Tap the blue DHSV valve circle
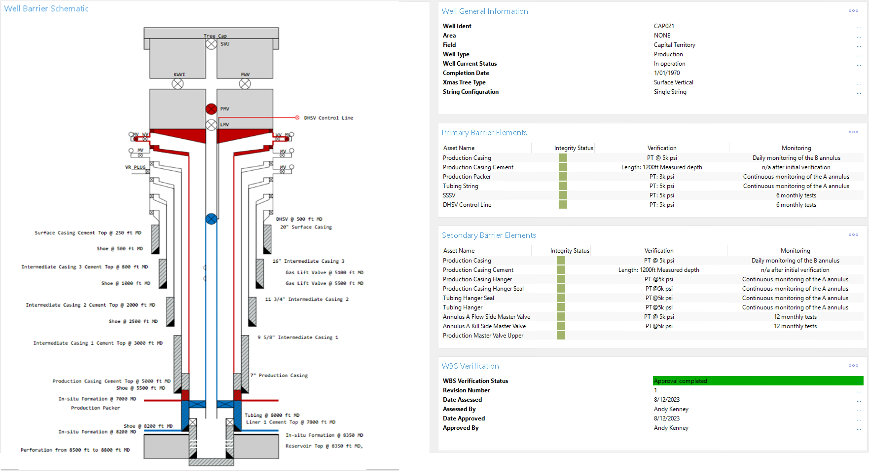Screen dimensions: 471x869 coord(211,219)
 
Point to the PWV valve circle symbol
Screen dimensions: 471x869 coord(245,84)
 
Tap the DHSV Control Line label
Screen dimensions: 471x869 coord(328,118)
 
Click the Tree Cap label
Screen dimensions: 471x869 coord(215,36)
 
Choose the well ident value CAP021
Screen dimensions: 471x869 coord(664,26)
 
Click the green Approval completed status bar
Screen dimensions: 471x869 coord(758,381)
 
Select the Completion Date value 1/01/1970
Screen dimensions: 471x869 coord(667,73)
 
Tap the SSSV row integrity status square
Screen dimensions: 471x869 coord(563,195)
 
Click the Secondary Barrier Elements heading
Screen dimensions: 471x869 coord(488,235)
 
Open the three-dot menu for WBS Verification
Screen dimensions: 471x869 coord(853,365)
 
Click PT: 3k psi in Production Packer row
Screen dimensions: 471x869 coord(662,176)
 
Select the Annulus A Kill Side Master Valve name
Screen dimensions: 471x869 coord(484,326)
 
